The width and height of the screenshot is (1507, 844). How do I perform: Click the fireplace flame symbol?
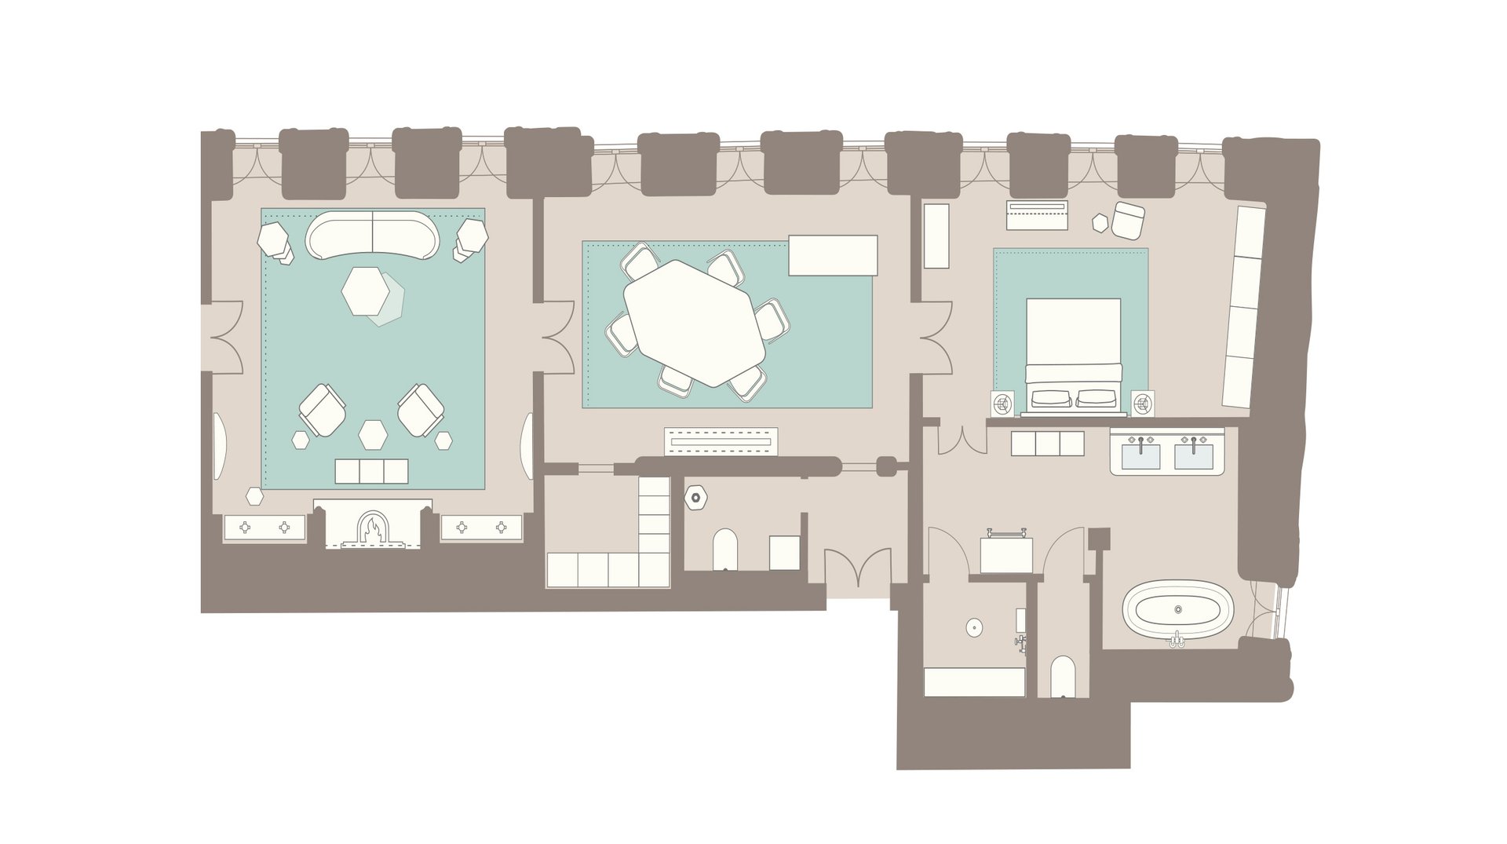373,528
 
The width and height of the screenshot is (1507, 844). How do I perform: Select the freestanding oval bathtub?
1177,610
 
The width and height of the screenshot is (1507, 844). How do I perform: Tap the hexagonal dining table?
695,323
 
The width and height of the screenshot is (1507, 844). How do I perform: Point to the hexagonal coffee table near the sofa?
366,291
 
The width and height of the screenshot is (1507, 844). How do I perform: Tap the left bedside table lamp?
1002,404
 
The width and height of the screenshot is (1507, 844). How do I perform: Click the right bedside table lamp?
1142,404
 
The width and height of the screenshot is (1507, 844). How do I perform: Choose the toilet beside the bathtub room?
1062,676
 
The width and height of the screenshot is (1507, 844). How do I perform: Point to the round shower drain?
973,627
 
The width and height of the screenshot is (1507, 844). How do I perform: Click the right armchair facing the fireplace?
421,409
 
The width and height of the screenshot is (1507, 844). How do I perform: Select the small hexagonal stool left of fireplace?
254,495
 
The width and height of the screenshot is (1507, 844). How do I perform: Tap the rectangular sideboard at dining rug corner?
833,255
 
